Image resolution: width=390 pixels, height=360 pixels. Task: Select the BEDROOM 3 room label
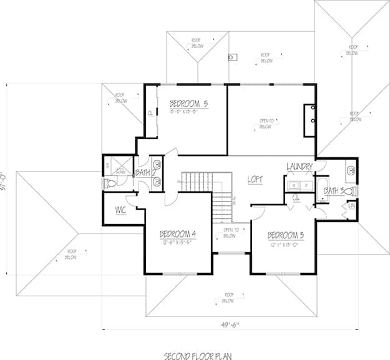pyautogui.click(x=286, y=235)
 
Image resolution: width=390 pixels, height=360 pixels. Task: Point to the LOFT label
pyautogui.click(x=255, y=179)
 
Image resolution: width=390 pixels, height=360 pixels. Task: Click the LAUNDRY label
pyautogui.click(x=299, y=167)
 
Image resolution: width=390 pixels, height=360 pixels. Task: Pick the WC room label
pyautogui.click(x=121, y=210)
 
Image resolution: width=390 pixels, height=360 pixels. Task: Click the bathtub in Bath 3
pyautogui.click(x=323, y=190)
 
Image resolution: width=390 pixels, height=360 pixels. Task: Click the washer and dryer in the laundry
pyautogui.click(x=300, y=185)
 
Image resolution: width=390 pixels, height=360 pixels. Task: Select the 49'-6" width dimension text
pyautogui.click(x=228, y=324)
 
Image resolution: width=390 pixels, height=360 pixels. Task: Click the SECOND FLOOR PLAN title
pyautogui.click(x=197, y=356)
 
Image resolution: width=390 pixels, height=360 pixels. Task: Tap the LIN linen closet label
pyautogui.click(x=351, y=205)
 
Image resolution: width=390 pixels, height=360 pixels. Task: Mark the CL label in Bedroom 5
pyautogui.click(x=150, y=113)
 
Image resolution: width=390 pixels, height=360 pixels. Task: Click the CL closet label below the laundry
pyautogui.click(x=297, y=198)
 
